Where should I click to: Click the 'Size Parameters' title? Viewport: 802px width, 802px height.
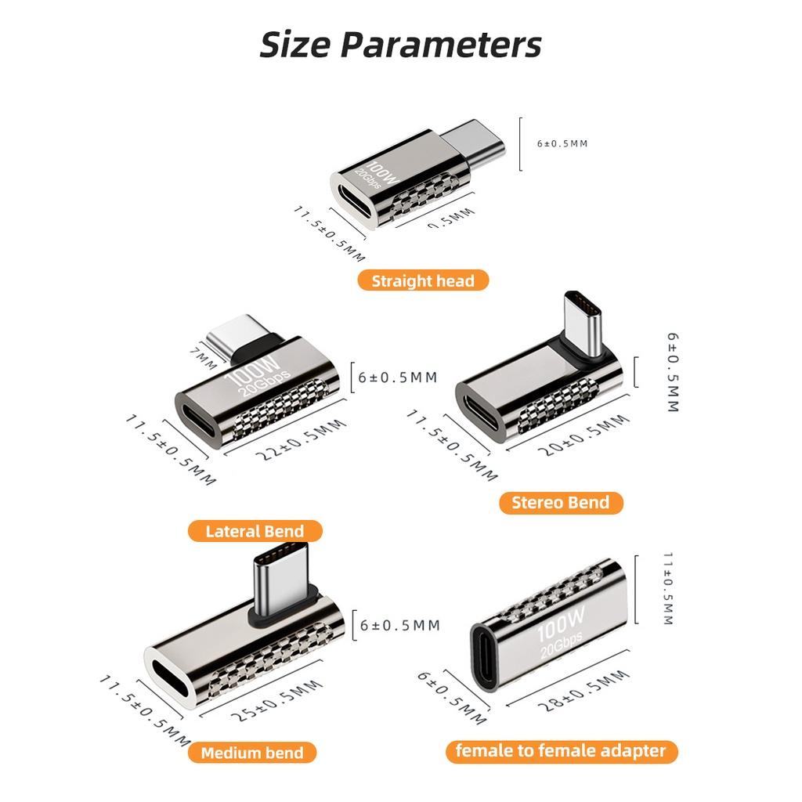pyautogui.click(x=400, y=45)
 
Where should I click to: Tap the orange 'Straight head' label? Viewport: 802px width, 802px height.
pyautogui.click(x=423, y=280)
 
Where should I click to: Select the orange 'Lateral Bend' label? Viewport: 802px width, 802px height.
pyautogui.click(x=255, y=532)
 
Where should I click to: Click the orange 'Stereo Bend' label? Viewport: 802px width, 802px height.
pyautogui.click(x=560, y=502)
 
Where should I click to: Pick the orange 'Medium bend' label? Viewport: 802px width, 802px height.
pyautogui.click(x=252, y=753)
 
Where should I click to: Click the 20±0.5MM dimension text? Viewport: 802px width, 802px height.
pyautogui.click(x=583, y=437)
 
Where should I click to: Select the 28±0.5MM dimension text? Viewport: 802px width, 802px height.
pyautogui.click(x=583, y=692)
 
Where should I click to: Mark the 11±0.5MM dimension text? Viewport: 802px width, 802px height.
pyautogui.click(x=667, y=590)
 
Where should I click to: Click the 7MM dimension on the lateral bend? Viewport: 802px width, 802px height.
pyautogui.click(x=201, y=359)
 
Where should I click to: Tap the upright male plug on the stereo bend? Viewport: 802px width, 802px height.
pyautogui.click(x=583, y=323)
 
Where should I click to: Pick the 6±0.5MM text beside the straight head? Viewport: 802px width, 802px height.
pyautogui.click(x=562, y=143)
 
